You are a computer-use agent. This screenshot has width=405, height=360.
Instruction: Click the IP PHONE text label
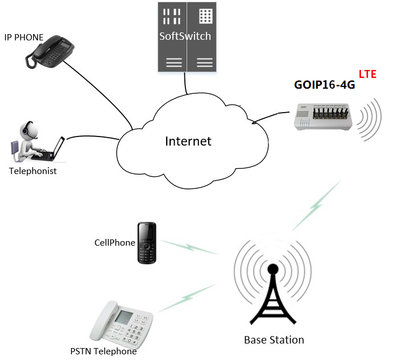pos(24,37)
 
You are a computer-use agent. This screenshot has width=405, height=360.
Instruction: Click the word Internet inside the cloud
pos(188,141)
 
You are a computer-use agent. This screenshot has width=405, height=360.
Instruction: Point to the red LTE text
pos(367,75)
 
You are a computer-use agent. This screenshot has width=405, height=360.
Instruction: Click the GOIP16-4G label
pos(324,85)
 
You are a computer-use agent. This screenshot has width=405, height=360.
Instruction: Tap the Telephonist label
pos(33,171)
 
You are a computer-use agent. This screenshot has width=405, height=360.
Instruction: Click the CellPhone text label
pos(114,242)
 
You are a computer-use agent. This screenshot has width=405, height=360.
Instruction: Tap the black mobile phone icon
pos(147,243)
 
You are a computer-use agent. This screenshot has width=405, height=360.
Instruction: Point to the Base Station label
pos(274,340)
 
